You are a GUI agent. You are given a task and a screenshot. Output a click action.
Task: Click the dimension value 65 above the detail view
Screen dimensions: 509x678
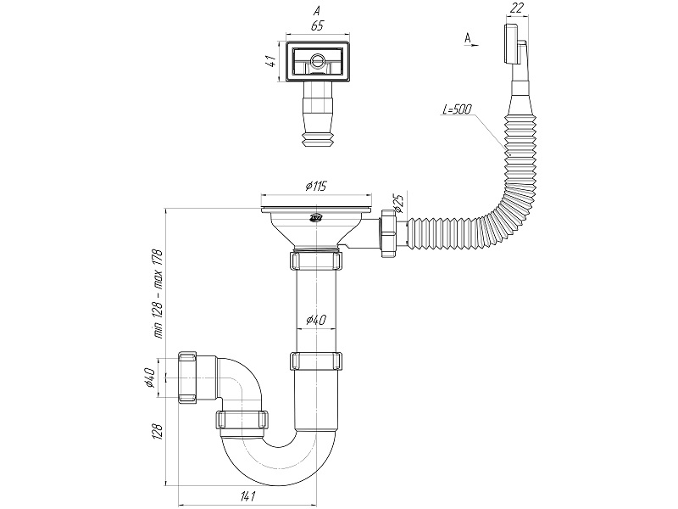(x=317, y=26)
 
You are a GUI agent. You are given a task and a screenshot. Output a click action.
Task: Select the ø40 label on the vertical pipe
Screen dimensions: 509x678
(x=314, y=320)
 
